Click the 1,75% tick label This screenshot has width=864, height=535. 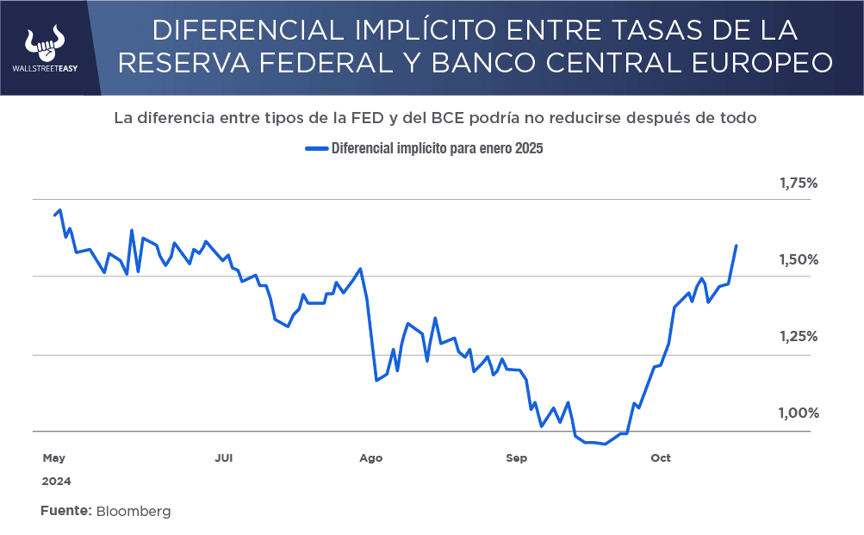[798, 184]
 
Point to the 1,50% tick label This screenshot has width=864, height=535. [798, 260]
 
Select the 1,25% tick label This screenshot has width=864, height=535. [798, 337]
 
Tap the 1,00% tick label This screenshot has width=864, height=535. [798, 414]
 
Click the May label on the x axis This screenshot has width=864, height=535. [53, 458]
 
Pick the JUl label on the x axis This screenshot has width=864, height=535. [224, 458]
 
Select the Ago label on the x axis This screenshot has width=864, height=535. [371, 458]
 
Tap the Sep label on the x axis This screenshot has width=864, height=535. [516, 458]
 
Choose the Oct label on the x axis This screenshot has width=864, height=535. [661, 458]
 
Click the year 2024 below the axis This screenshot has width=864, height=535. [56, 481]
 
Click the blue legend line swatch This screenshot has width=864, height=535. [317, 148]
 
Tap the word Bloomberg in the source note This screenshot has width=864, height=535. [134, 511]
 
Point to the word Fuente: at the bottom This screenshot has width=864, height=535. [65, 511]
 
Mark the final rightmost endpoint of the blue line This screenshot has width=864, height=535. [737, 246]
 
